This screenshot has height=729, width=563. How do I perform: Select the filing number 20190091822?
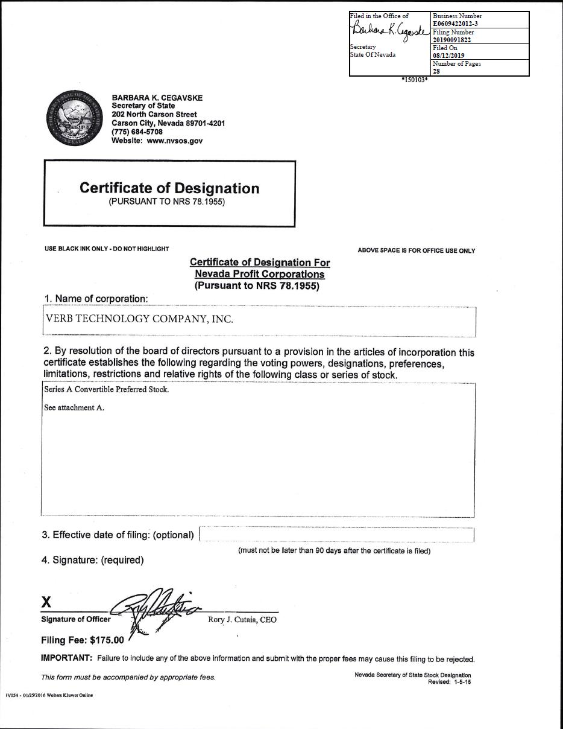pyautogui.click(x=452, y=40)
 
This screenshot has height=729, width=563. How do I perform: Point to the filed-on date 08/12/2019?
pyautogui.click(x=448, y=56)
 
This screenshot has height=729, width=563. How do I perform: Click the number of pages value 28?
pyautogui.click(x=436, y=71)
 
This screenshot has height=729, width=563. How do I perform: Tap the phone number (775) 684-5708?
pyautogui.click(x=137, y=132)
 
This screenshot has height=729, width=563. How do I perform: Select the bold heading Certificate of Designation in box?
pyautogui.click(x=169, y=188)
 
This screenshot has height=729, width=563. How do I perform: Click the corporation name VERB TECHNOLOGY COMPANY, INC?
pyautogui.click(x=139, y=319)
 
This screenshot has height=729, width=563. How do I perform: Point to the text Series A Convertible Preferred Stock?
pyautogui.click(x=106, y=389)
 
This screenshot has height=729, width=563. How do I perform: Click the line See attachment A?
pyautogui.click(x=74, y=407)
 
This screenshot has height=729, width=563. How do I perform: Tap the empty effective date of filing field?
pyautogui.click(x=336, y=535)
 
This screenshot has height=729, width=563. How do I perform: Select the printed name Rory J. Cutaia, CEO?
pyautogui.click(x=242, y=620)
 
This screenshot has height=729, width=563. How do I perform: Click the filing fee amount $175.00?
pyautogui.click(x=107, y=640)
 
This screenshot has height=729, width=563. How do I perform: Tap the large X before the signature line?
pyautogui.click(x=46, y=602)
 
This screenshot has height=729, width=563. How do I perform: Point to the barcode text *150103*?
pyautogui.click(x=415, y=80)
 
